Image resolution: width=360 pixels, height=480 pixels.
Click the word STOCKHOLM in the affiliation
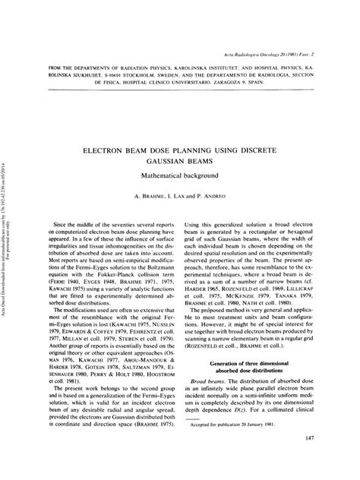(149, 74)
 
